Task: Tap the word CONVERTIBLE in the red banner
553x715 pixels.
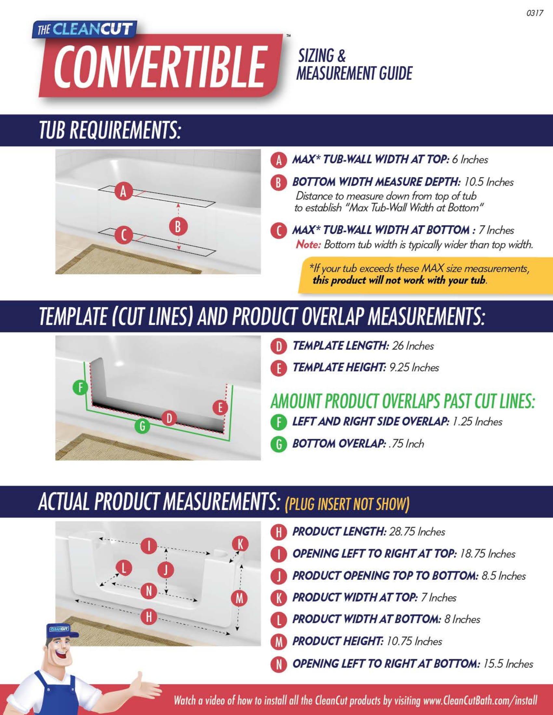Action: tap(160, 66)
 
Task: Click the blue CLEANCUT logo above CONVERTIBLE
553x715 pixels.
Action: tap(85, 30)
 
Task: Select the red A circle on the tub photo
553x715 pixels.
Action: tap(123, 191)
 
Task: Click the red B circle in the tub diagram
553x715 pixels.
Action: tap(178, 226)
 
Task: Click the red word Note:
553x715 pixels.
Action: tap(308, 245)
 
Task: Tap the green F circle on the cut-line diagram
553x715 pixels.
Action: tap(81, 388)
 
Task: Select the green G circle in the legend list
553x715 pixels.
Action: tap(279, 444)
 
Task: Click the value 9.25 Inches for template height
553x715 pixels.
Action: tap(414, 367)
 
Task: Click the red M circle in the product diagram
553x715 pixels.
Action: tap(240, 598)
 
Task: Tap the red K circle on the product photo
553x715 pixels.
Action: tap(241, 544)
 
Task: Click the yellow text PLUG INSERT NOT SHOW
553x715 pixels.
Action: tap(347, 504)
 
